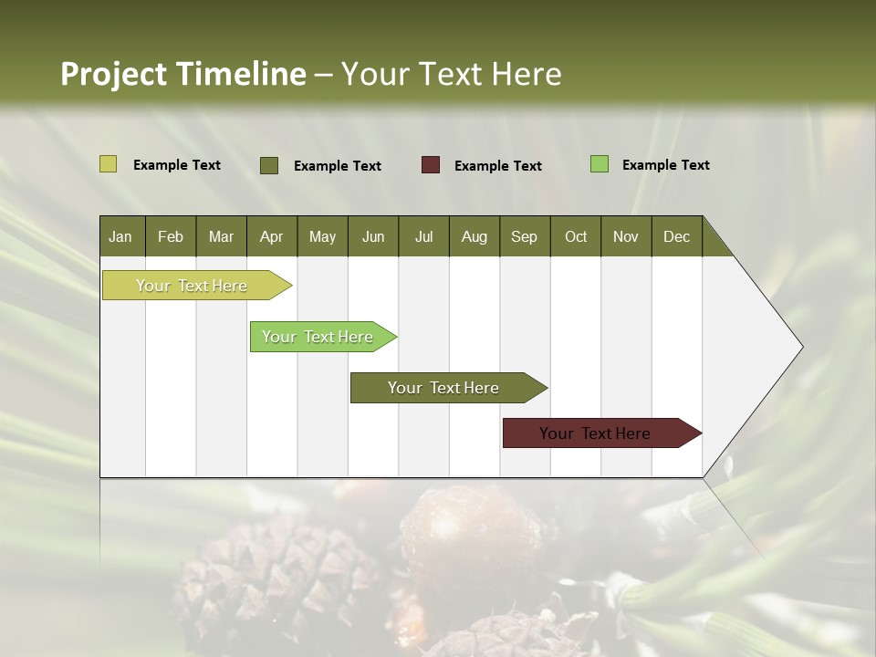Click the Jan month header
[120, 236]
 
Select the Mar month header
[221, 236]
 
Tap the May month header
[322, 236]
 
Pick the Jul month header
[423, 236]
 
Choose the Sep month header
[524, 236]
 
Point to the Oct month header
[576, 236]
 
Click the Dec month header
[676, 236]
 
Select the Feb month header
[171, 236]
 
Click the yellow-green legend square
[108, 164]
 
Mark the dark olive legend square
[269, 165]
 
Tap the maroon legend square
[431, 165]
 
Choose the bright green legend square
[599, 164]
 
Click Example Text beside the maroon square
[498, 166]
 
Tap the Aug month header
[474, 236]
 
